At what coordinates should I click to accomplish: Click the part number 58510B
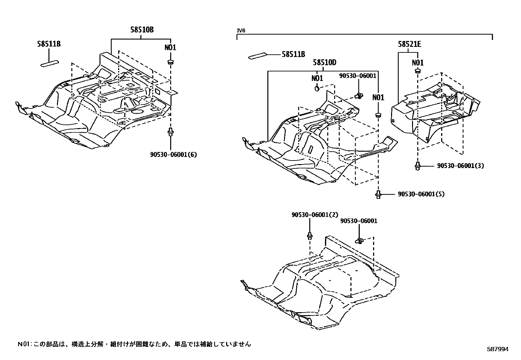142,30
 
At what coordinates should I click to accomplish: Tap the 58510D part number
324,62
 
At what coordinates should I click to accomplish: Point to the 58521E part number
409,44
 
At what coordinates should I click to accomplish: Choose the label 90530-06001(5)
421,194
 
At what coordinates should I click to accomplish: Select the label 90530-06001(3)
460,166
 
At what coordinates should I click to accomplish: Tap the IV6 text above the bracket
241,31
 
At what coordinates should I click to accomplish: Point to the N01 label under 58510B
170,47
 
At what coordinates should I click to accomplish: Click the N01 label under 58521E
418,63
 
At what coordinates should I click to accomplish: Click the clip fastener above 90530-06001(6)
170,132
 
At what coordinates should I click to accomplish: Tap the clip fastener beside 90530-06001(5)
378,194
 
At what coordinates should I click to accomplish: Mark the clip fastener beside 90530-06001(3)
417,165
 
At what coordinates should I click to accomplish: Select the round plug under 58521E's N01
418,71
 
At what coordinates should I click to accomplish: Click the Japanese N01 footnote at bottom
134,344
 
